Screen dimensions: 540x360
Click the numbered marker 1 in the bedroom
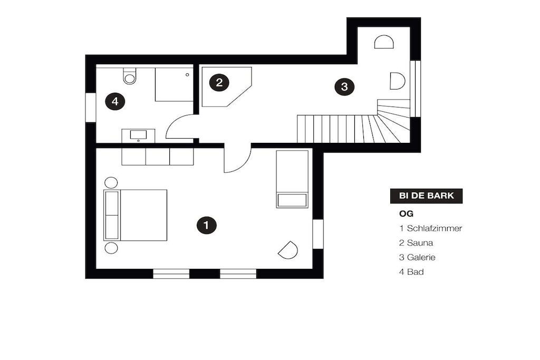point(206,226)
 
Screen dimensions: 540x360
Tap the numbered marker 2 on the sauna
point(219,83)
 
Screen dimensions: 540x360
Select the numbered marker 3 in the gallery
point(344,86)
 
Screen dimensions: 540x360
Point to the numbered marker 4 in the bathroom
point(115,102)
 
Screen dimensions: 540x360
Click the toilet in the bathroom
point(130,76)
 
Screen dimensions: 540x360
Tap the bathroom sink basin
point(139,134)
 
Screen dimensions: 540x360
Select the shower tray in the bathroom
point(174,84)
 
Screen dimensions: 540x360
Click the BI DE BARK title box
point(426,196)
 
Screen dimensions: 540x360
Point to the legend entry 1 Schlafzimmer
point(430,228)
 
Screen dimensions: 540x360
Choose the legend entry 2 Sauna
point(416,242)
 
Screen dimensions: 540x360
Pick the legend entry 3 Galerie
point(417,257)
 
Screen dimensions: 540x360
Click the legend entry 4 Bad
point(411,271)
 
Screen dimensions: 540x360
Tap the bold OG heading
point(407,213)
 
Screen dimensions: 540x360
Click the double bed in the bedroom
point(136,215)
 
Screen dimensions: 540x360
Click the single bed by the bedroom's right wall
point(292,179)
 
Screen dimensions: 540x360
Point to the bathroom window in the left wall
point(91,108)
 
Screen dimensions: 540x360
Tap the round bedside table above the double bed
point(111,182)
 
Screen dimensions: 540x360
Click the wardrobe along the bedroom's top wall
point(157,157)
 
